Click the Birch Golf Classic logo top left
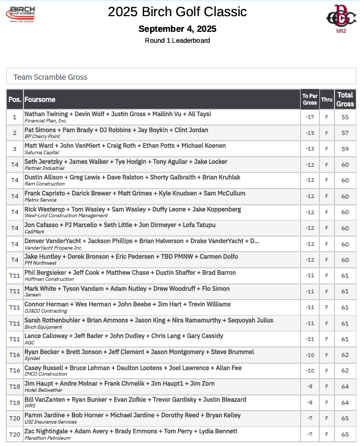click(28, 14)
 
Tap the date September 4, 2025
click(177, 29)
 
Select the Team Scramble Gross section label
click(51, 77)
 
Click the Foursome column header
click(40, 100)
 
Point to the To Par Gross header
click(309, 99)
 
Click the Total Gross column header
click(345, 99)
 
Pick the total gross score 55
click(345, 117)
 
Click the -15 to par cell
click(309, 133)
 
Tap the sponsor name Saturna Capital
click(42, 153)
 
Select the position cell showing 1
click(15, 117)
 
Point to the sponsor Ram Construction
click(44, 184)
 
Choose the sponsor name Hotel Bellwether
click(43, 390)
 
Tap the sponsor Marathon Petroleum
click(47, 438)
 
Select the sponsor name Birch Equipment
click(43, 327)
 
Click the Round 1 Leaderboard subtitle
click(177, 40)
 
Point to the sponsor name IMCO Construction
click(46, 374)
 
